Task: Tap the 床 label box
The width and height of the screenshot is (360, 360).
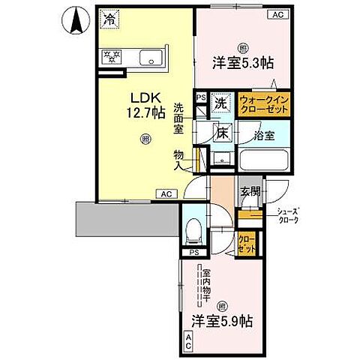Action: pyautogui.click(x=222, y=133)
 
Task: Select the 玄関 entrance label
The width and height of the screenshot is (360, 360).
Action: pyautogui.click(x=250, y=190)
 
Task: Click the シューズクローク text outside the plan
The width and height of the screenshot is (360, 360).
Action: pyautogui.click(x=287, y=214)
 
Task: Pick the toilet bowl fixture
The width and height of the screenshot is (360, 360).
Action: pyautogui.click(x=193, y=228)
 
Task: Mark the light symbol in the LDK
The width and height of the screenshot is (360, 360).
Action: pyautogui.click(x=143, y=139)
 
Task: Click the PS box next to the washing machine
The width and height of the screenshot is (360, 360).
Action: pyautogui.click(x=200, y=97)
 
